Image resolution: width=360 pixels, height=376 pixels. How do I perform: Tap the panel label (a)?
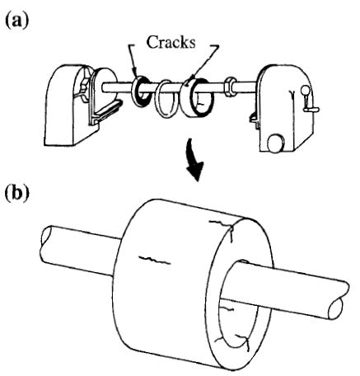point(16,16)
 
